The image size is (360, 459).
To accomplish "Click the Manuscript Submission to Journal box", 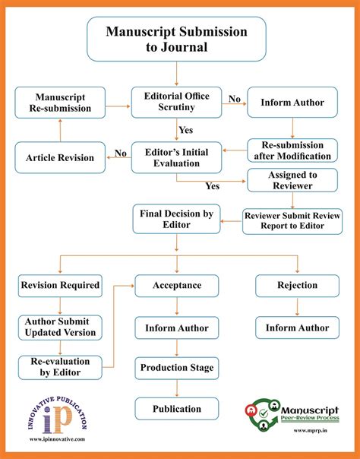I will pos(177,40).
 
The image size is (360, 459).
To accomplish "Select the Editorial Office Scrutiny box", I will pos(176,102).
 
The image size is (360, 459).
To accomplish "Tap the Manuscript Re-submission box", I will pos(60,103).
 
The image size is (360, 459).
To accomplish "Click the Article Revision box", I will pos(60,157).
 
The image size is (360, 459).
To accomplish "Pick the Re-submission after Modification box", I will pos(292,150).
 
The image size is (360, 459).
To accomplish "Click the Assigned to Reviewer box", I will pos(292,180).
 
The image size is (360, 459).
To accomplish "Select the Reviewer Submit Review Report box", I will pos(292,220).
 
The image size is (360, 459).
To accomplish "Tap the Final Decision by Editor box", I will pos(176,220).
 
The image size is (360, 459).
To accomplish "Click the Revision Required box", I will pos(60,286).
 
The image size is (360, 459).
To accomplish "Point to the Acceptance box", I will pos(176,286).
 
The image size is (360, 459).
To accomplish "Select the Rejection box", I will pos(292,286).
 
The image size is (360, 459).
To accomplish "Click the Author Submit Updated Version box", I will pos(60,327).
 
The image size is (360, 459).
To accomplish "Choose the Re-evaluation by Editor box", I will pos(60,367).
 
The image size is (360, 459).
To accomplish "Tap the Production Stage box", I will pos(176,368).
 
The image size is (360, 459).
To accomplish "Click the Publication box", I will pos(176,409).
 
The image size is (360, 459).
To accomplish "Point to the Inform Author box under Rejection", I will pos(292,328).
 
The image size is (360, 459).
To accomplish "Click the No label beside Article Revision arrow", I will pos(119,153).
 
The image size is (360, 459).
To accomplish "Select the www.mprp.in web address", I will pos(292,440).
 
